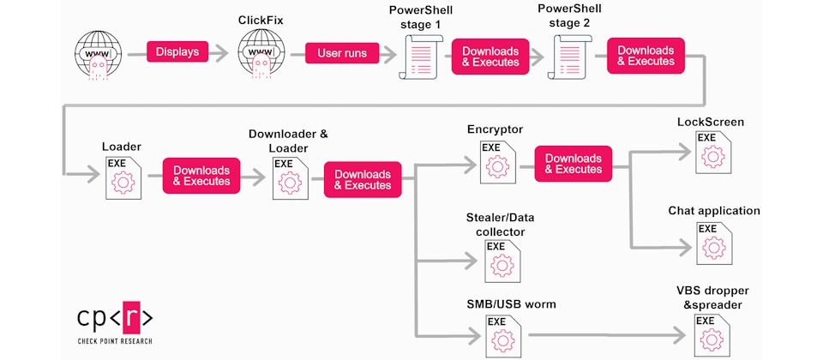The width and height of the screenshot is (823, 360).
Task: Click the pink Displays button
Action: tap(177, 52)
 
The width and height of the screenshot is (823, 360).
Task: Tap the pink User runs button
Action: tap(342, 53)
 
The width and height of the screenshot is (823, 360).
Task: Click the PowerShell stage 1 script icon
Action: tap(421, 57)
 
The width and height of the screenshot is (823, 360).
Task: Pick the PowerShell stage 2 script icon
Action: tap(570, 57)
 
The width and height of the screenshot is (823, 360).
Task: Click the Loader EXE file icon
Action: tap(123, 177)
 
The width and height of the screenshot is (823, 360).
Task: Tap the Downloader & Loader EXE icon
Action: tap(291, 178)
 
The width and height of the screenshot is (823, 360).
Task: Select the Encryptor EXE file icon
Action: tap(497, 162)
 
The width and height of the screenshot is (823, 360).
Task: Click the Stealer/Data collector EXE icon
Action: tap(503, 261)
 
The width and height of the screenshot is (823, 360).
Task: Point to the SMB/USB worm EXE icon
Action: tap(503, 335)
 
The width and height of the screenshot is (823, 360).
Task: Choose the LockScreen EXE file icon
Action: tap(713, 153)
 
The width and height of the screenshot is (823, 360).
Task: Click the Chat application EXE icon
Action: tap(714, 243)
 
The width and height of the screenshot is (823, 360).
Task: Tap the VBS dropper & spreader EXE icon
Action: tap(712, 335)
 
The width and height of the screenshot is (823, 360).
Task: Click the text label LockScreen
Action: tap(711, 123)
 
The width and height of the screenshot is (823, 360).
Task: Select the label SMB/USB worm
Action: tap(511, 304)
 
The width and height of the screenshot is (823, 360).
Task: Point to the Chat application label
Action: tap(714, 211)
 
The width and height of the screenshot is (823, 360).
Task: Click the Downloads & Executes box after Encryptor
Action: tap(574, 164)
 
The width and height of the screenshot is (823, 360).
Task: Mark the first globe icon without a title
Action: tap(98, 55)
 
